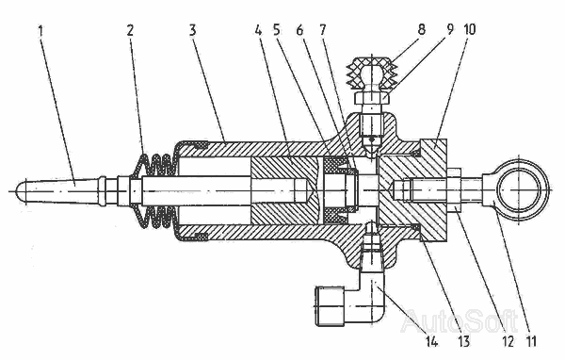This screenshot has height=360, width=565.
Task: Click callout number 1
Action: (x=40, y=30)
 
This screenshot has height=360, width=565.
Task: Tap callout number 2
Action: (x=130, y=30)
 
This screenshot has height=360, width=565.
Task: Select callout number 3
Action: (x=193, y=30)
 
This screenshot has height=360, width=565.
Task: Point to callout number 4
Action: (x=258, y=30)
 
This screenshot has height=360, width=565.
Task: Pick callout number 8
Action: (x=422, y=29)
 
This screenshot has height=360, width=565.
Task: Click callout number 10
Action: (x=467, y=29)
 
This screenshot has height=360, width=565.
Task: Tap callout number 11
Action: (x=531, y=340)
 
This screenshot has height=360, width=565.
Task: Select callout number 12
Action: (x=508, y=340)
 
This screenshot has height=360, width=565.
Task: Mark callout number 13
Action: (x=464, y=340)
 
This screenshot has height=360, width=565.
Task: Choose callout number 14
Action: (x=431, y=340)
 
